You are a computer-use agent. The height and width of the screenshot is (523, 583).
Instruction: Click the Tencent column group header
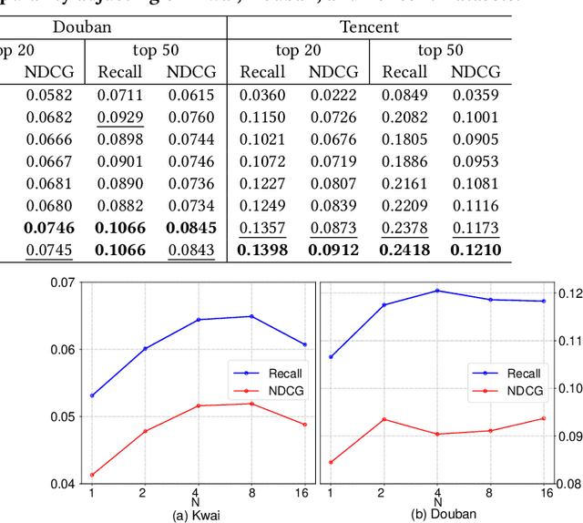[369, 26]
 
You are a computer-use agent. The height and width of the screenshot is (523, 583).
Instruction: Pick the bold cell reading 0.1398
[263, 250]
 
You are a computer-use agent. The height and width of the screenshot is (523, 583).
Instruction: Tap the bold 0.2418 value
[405, 250]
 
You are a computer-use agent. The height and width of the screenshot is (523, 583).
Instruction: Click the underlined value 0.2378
[405, 228]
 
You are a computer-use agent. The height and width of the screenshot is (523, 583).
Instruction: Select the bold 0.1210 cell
[476, 250]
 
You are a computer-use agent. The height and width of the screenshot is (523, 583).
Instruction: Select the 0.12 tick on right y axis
[567, 293]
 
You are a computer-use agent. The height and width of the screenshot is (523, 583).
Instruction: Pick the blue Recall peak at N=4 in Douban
[437, 291]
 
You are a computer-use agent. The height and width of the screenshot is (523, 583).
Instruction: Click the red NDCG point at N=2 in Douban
[384, 419]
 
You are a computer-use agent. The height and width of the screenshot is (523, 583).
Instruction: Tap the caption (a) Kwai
[198, 514]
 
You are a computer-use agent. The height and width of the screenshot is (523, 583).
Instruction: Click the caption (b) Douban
[444, 514]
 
